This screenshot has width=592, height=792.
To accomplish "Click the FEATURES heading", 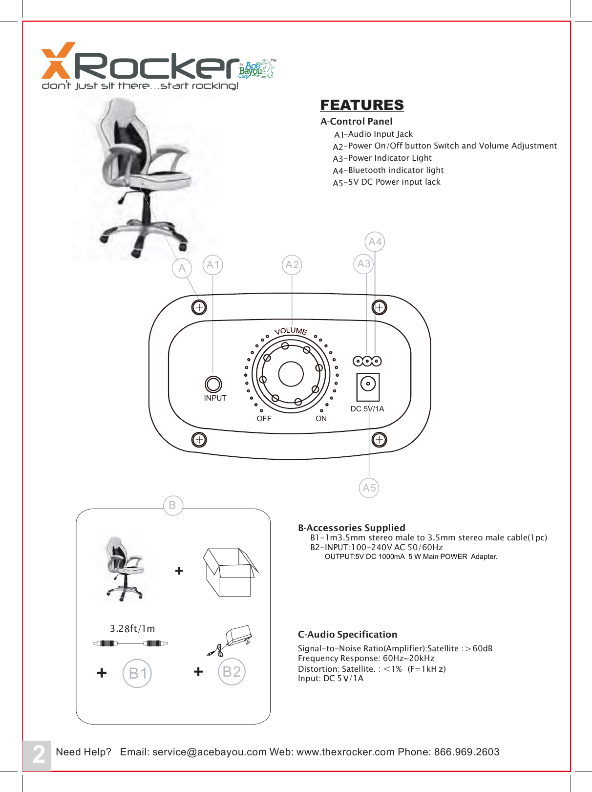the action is coord(362,105).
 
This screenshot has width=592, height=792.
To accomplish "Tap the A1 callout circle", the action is coord(212,265).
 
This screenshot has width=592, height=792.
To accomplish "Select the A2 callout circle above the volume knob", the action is coord(292,265).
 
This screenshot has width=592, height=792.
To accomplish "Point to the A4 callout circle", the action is coord(375,241).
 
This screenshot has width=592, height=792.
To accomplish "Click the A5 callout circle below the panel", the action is coord(369,488).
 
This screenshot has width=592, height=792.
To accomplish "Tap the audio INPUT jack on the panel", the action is coord(213,384).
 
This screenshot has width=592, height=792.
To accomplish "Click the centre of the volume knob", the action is coord(291,374).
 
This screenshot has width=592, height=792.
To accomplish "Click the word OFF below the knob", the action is coord(264,419).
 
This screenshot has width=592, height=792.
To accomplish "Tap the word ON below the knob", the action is coord(321,419).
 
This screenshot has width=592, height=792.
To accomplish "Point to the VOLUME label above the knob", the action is coord(291,331).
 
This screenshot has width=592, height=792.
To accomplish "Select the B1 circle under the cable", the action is coord(137,673).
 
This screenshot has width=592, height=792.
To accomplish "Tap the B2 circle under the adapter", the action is coord(232,672).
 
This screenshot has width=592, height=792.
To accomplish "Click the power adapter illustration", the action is coord(232,640).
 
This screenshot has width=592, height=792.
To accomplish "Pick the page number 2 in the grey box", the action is coord(38,754).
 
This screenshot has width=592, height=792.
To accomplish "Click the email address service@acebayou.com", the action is coord(210,752).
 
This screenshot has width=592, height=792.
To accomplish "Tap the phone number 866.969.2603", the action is coord(466,752).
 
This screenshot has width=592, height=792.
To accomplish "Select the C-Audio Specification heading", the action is coord(347,634).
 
